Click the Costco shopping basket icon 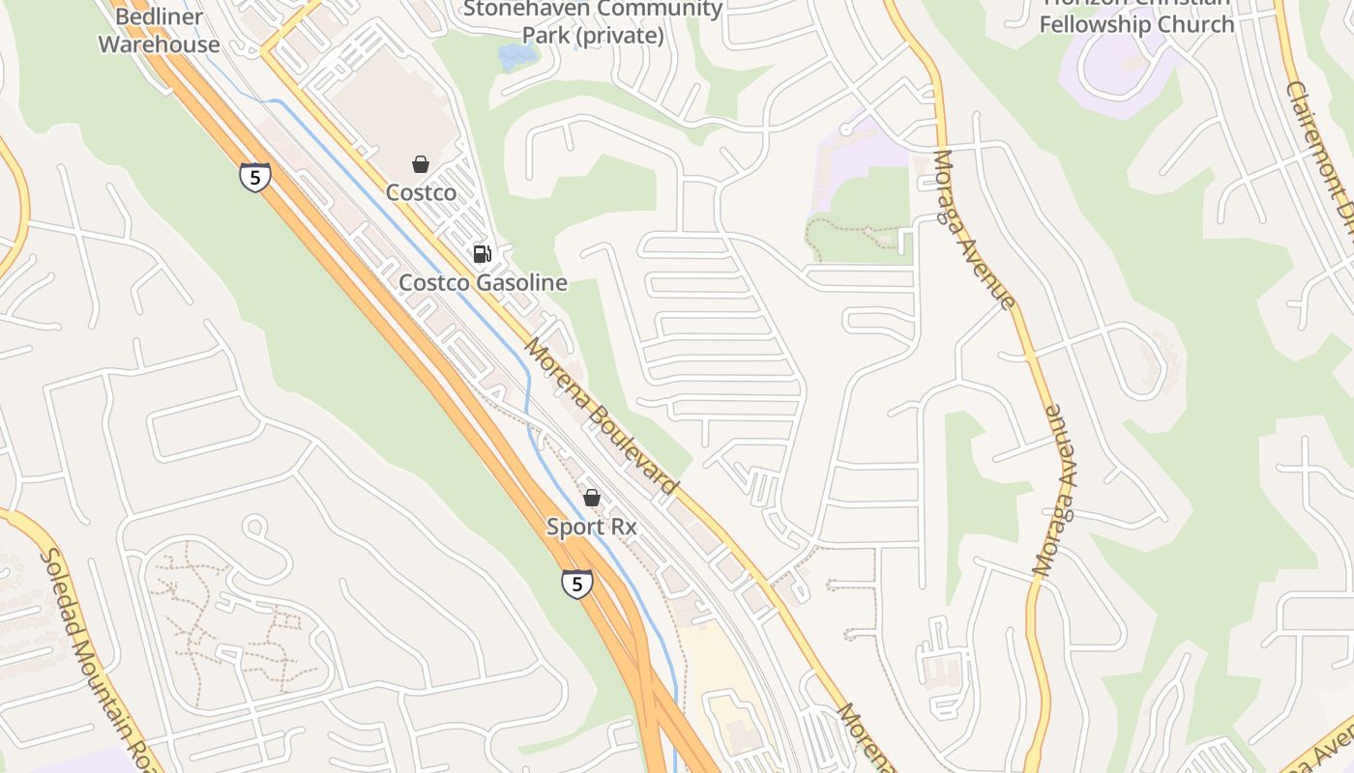click(421, 164)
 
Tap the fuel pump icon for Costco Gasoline click(482, 254)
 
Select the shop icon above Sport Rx click(592, 498)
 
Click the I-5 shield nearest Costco click(255, 177)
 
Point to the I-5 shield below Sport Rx click(577, 584)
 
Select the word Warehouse click(159, 44)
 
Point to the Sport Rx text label click(592, 528)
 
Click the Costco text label click(421, 192)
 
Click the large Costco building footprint click(392, 106)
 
